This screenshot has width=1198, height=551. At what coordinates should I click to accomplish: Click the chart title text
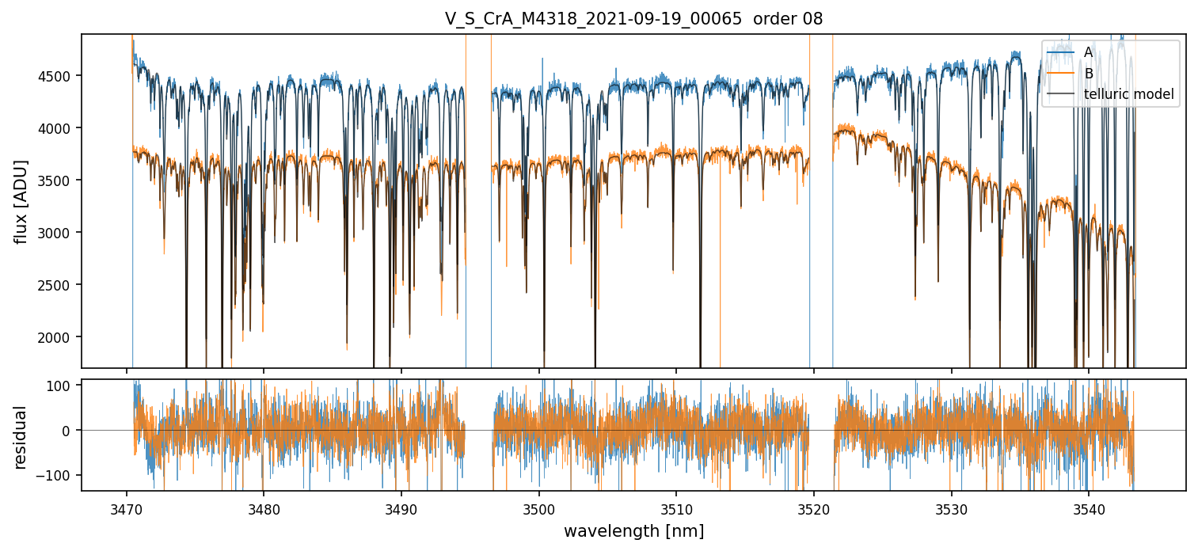[x=633, y=19]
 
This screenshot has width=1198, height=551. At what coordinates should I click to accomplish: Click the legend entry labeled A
[x=1088, y=52]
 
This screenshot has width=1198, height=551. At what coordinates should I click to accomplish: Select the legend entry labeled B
[x=1089, y=74]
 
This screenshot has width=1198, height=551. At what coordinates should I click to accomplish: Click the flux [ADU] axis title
[x=21, y=201]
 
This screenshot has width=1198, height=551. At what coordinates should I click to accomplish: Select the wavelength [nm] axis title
[x=633, y=531]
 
